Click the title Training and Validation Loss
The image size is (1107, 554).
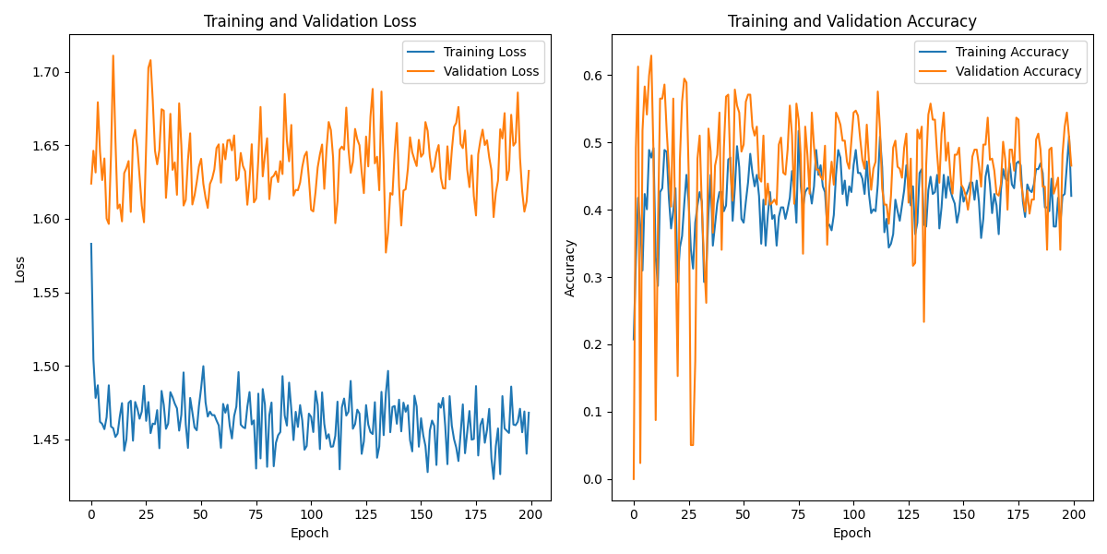310,21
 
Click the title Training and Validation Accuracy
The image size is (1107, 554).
851,21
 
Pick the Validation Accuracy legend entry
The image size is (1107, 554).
1018,70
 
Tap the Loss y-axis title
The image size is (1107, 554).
20,269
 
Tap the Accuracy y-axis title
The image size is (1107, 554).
569,268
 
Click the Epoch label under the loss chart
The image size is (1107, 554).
309,533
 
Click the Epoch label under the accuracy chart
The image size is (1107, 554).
851,533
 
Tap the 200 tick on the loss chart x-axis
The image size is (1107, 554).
530,514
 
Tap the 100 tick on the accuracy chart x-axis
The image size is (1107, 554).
853,514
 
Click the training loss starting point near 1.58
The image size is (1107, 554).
91,244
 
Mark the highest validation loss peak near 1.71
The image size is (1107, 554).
113,55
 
